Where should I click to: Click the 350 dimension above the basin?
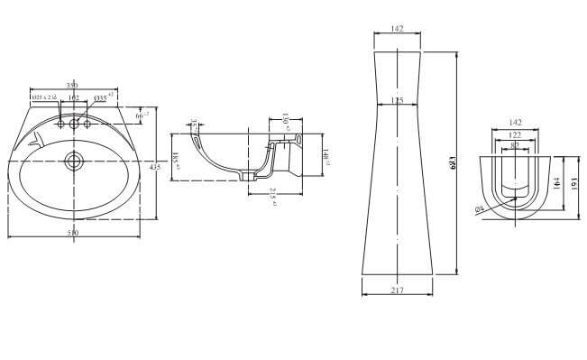[73, 84]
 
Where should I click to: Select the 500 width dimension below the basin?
[73, 234]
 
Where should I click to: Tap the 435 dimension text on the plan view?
[154, 168]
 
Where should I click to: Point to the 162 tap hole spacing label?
[74, 97]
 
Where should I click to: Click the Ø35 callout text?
[103, 96]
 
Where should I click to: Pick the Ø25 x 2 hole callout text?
[44, 97]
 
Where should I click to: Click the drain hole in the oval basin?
[73, 163]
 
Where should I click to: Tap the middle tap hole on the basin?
[74, 123]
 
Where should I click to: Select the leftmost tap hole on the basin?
[58, 124]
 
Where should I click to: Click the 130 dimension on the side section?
[284, 122]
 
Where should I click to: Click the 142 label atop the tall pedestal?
[399, 29]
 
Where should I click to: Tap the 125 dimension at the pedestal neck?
[399, 101]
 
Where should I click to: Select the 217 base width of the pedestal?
[399, 290]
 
